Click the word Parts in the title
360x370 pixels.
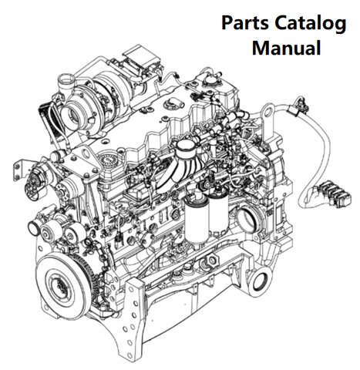(245, 22)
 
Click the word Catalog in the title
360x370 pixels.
(311, 24)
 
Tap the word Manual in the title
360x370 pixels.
(286, 48)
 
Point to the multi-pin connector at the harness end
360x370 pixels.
(333, 192)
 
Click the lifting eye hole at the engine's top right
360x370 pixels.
(268, 111)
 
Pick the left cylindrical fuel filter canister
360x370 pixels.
(197, 220)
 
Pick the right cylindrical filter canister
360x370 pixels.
(218, 212)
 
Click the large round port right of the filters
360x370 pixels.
(247, 218)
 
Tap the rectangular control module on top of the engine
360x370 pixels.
(140, 59)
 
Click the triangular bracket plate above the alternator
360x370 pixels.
(84, 161)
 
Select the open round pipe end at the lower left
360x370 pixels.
(33, 227)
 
